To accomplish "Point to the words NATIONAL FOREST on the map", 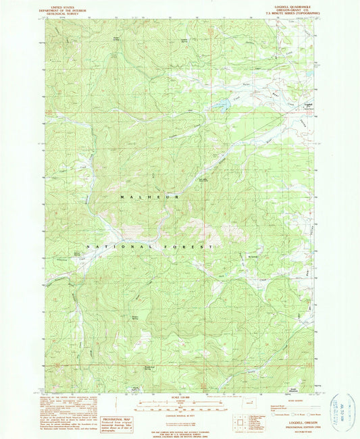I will click(157, 248).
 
